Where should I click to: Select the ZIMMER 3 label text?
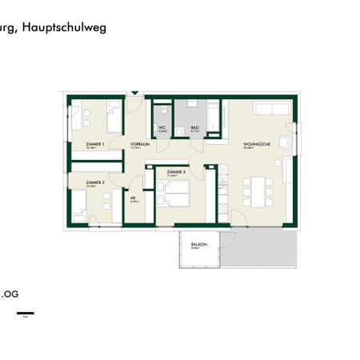[176, 172]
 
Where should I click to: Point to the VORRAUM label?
[140, 144]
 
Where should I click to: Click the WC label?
[161, 128]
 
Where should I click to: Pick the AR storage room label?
[133, 199]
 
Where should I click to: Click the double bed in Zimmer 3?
[174, 193]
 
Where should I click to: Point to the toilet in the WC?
[162, 110]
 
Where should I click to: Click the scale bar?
[26, 311]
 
